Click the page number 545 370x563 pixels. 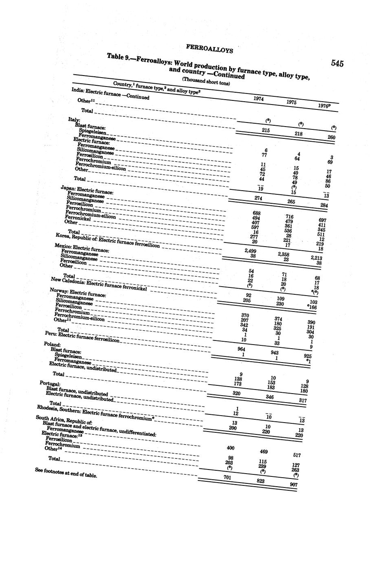point(337,63)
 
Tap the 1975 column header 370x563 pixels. point(291,102)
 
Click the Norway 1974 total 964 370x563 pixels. point(241,349)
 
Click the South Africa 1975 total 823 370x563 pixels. point(260,481)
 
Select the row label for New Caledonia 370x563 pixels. point(98,284)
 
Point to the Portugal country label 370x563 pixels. point(50,384)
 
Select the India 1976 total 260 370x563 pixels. point(331,137)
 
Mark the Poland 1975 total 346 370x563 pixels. point(270,396)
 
